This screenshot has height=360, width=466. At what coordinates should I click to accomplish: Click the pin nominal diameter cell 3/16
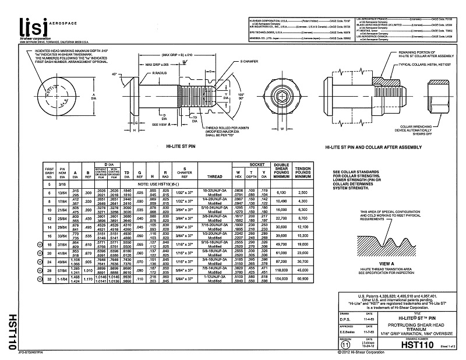[62, 183]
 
